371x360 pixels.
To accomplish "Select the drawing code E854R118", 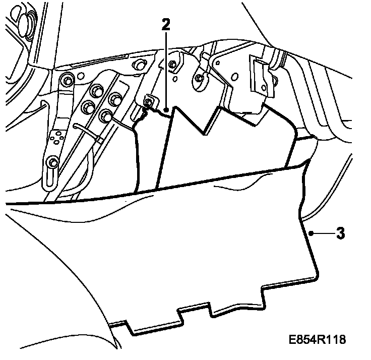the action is tap(318, 339).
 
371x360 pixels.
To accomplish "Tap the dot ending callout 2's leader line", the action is tap(166, 108).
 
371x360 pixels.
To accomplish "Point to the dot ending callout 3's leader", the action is tap(312, 233).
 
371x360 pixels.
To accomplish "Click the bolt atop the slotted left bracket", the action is tap(66, 79).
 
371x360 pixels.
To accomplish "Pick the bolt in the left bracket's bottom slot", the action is tap(52, 162).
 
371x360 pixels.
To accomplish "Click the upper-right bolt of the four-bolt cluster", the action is tap(115, 98).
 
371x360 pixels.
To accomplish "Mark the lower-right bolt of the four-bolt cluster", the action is tap(106, 116).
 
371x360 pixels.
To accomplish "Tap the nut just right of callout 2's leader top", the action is tap(173, 64).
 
